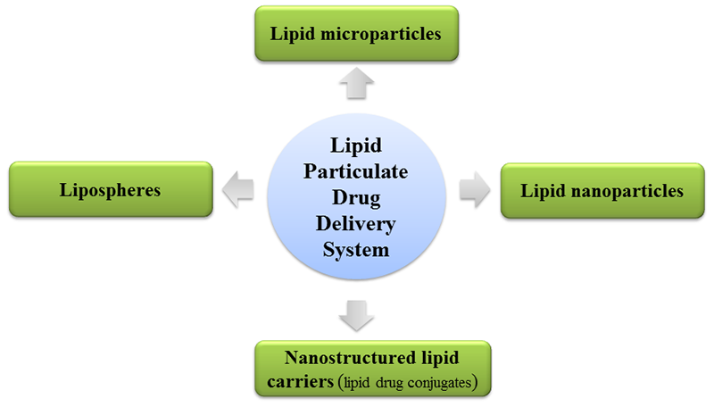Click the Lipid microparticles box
click(x=357, y=33)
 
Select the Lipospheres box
click(x=111, y=189)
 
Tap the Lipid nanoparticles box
click(x=603, y=190)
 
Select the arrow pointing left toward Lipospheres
click(x=237, y=190)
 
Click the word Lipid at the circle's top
click(x=359, y=144)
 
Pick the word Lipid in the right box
click(x=544, y=190)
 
